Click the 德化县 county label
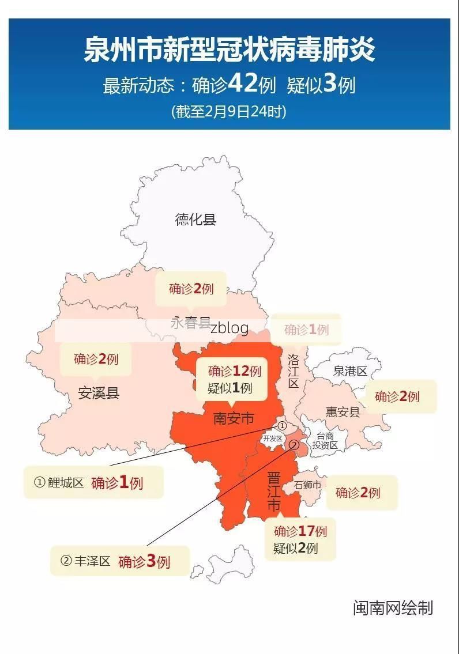pos(195,220)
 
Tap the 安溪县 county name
pos(99,394)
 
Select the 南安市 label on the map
pos(234,418)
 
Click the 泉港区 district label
pos(349,371)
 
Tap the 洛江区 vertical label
pos(293,371)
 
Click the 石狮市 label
pos(307,485)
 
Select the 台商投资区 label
pos(325,441)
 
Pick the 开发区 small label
pos(272,438)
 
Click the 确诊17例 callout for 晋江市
pos(300,539)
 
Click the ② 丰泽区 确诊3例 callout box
pos(120,561)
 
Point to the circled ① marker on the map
pos(282,426)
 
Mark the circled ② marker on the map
pos(293,445)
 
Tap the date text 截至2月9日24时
pos(229,111)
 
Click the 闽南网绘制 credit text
pos(393,608)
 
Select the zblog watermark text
pos(229,328)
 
